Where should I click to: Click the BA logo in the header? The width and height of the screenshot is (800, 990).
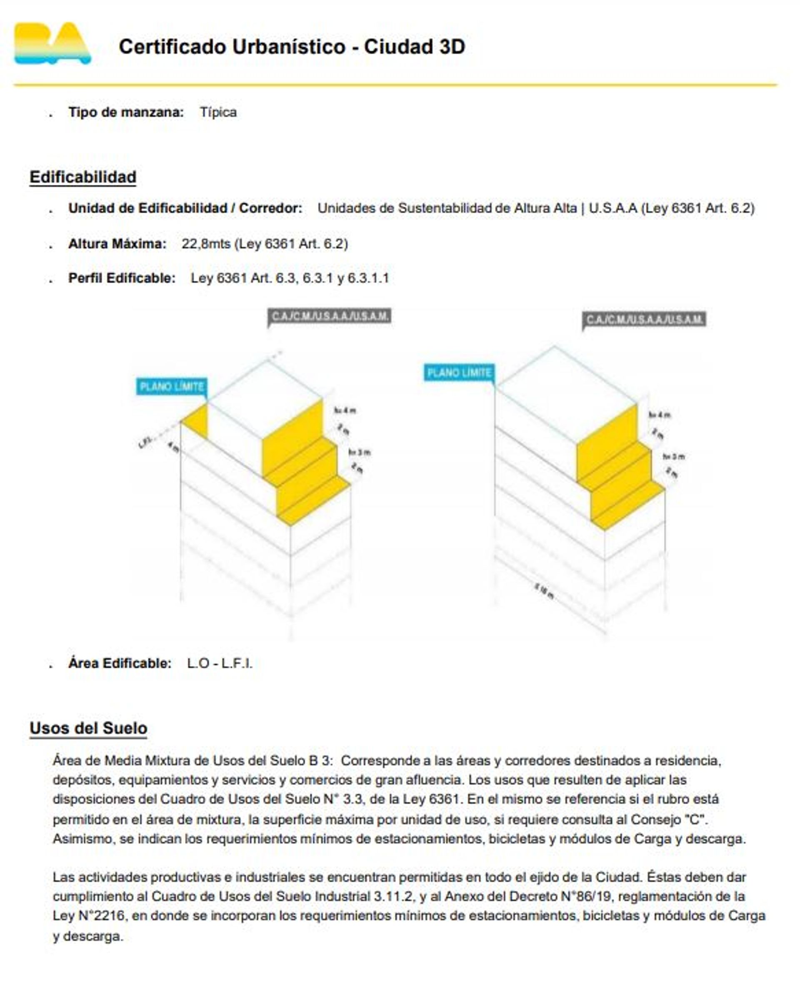pos(52,44)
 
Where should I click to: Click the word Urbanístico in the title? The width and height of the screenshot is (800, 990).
pos(288,47)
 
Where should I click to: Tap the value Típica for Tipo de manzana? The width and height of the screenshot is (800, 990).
pos(218,112)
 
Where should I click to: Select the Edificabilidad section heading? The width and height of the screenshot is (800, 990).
pos(83,177)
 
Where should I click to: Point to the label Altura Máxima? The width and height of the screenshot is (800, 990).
pos(117,244)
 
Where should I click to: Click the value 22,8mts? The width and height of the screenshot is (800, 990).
pos(205,244)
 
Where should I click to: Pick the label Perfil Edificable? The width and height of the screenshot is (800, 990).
pos(122,278)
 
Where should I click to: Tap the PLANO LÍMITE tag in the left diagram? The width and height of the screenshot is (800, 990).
pos(171,386)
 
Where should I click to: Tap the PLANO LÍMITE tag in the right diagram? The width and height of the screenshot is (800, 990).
pos(459,373)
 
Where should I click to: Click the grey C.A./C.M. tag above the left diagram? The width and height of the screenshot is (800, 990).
pos(330,316)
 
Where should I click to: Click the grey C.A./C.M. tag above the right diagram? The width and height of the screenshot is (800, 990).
pos(645,320)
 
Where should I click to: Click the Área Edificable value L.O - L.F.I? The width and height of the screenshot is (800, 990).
pos(220,664)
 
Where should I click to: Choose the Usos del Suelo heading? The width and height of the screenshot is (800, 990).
pos(88,729)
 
